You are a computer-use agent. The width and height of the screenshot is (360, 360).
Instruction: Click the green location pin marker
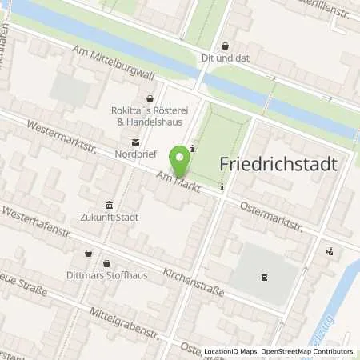(x=179, y=159)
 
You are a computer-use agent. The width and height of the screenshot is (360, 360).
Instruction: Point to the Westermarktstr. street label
(x=59, y=138)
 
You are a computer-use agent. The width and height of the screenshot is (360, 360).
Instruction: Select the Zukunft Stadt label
(x=109, y=217)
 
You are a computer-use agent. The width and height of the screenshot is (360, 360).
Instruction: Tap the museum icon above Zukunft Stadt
(x=109, y=203)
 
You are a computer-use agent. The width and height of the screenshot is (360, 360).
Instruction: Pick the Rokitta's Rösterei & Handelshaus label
(x=147, y=115)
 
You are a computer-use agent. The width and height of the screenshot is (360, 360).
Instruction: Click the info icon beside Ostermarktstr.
(x=222, y=189)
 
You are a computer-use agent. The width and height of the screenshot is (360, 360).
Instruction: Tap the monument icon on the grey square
(x=263, y=277)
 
